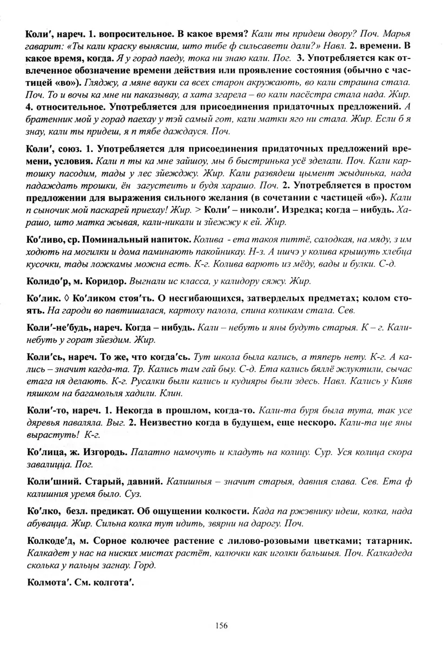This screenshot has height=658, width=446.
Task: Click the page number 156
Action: tap(222, 625)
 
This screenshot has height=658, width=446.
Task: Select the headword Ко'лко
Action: tap(43, 511)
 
